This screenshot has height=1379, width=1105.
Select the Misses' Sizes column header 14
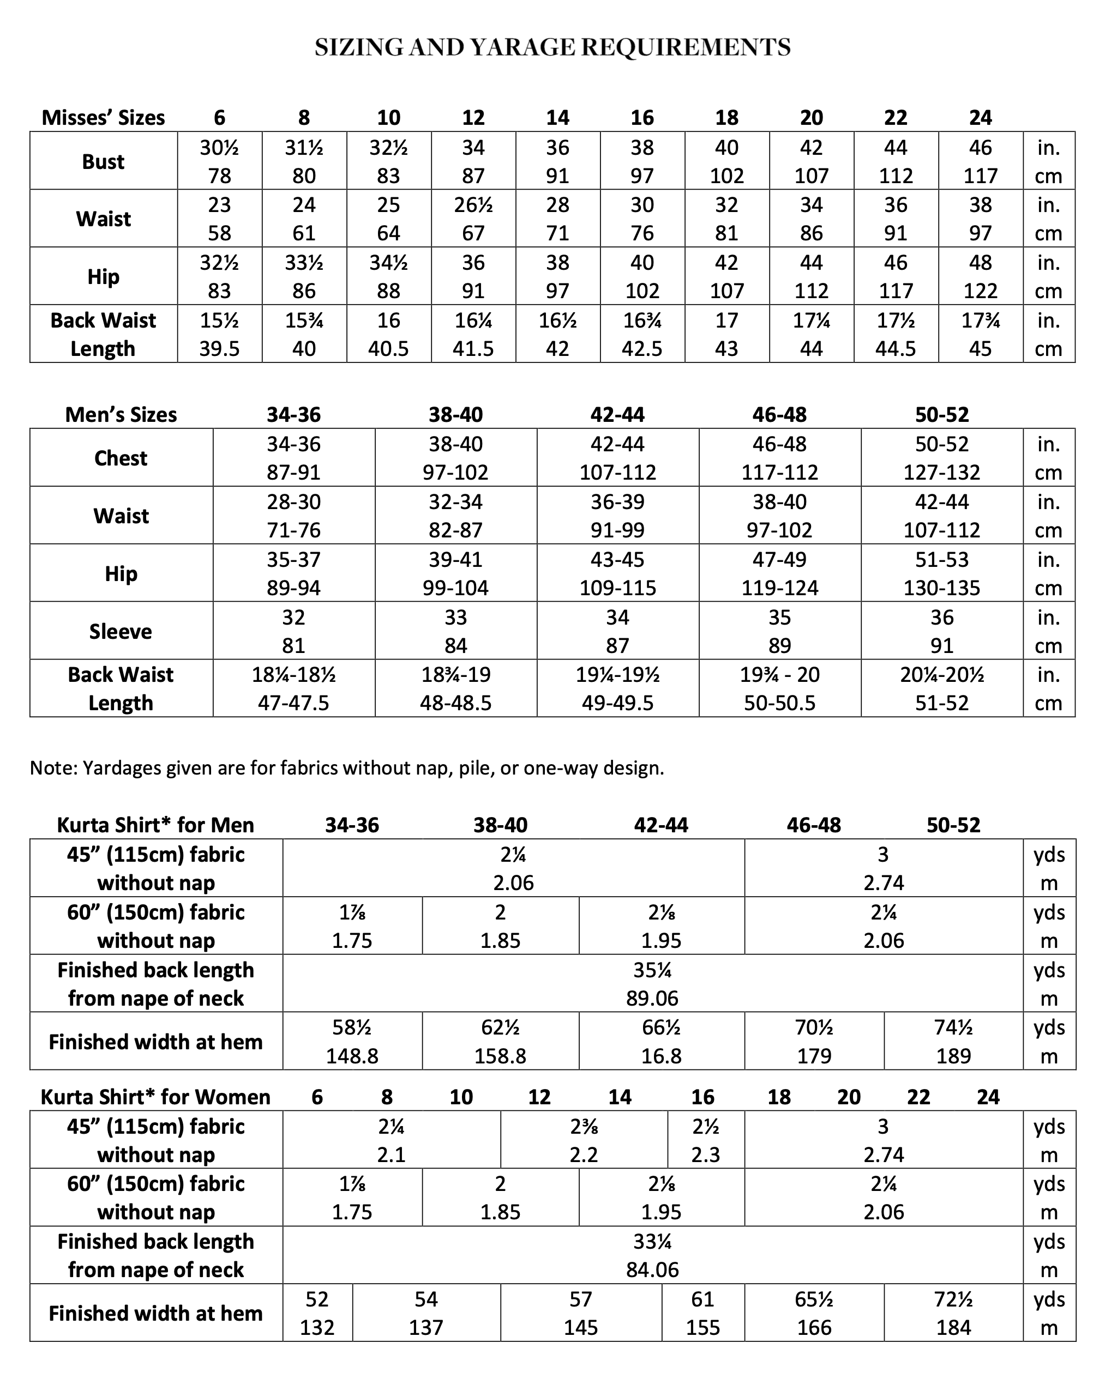(x=557, y=118)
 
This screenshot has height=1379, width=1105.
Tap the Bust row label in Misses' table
(x=103, y=162)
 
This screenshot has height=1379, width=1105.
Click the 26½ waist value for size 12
(x=473, y=205)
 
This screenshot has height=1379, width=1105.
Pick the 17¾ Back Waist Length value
(x=980, y=320)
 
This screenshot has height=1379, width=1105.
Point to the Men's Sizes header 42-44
(x=617, y=414)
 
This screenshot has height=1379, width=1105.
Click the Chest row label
(x=121, y=458)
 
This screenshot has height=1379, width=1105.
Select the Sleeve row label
(x=121, y=631)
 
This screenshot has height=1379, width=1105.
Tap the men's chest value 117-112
(x=779, y=473)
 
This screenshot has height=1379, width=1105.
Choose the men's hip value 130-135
(x=941, y=588)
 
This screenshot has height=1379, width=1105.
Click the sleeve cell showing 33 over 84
(x=455, y=631)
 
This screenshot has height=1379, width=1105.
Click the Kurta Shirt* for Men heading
(x=155, y=825)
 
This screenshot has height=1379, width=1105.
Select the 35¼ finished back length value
(x=652, y=970)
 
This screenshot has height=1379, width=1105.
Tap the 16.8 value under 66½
(x=661, y=1056)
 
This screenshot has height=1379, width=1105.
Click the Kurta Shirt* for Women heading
(x=155, y=1097)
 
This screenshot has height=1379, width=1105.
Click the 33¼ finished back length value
(x=652, y=1242)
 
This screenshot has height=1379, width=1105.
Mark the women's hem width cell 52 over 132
(x=317, y=1313)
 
